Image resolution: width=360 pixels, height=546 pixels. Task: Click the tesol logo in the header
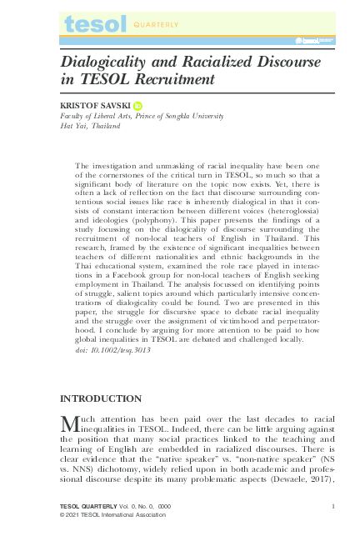tap(94, 25)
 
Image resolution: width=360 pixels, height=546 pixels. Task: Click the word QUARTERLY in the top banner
tap(157, 25)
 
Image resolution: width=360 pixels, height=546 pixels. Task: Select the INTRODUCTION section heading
tap(101, 398)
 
